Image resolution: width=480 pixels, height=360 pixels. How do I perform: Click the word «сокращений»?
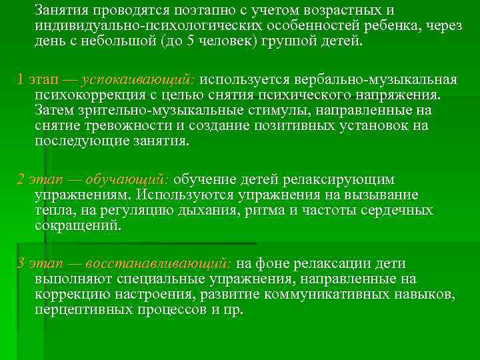click(x=77, y=226)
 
